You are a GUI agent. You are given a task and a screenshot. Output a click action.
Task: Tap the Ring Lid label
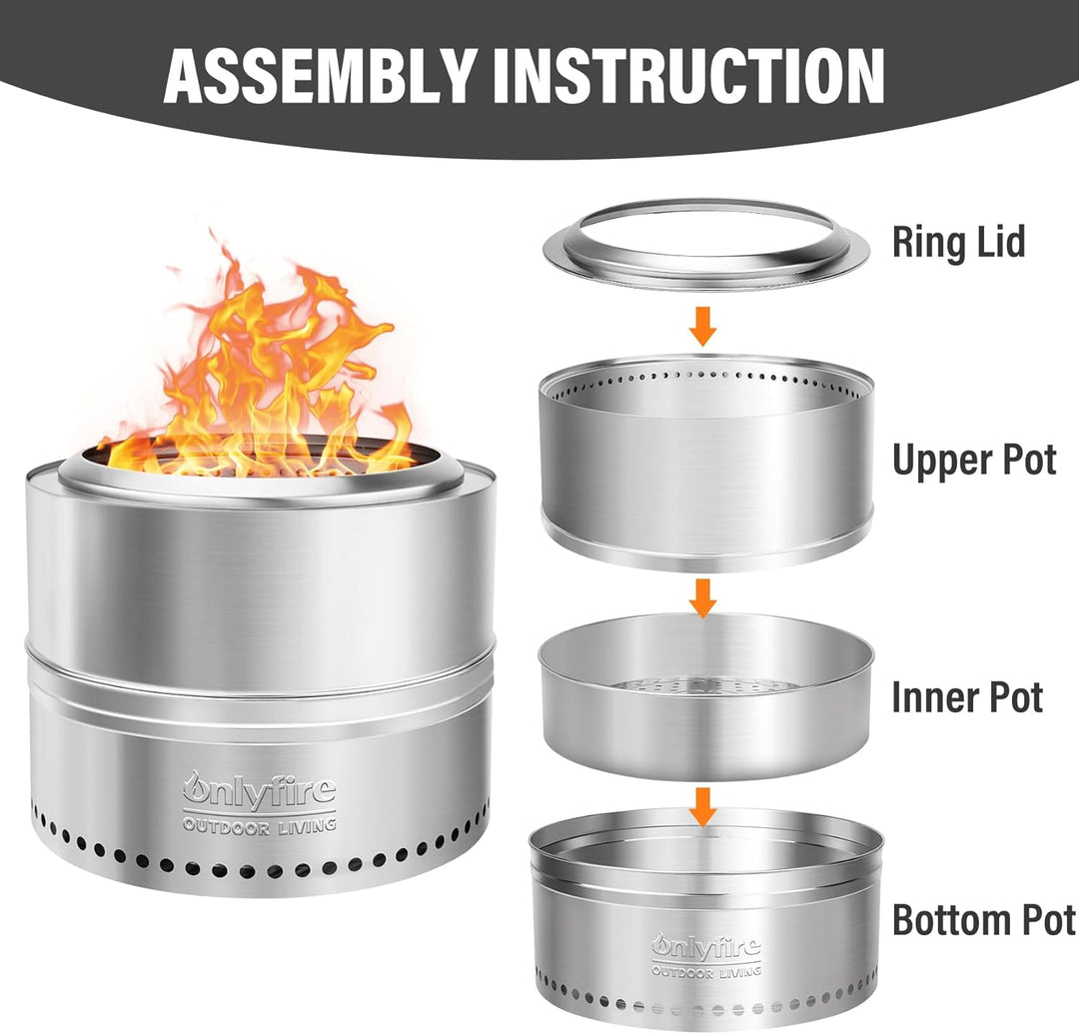[x=958, y=242]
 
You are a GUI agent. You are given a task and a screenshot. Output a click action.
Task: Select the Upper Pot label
[x=974, y=460]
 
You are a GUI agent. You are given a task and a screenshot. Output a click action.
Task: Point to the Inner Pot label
[x=967, y=697]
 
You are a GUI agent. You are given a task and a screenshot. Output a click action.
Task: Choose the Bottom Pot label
[x=983, y=919]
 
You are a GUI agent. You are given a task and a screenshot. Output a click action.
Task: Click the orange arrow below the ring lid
[x=702, y=326]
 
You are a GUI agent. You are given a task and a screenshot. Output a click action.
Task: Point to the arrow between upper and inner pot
[x=702, y=597]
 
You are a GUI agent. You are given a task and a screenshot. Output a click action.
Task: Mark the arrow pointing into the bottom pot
[x=702, y=806]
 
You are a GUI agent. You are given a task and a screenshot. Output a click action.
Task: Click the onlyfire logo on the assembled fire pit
[x=260, y=788]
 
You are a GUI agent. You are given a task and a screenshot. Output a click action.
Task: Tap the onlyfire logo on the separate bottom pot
[x=706, y=947]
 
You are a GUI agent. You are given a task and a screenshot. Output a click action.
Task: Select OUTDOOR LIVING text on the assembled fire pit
[x=260, y=825]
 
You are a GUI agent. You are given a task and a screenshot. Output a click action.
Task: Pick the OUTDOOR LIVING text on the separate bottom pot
[x=706, y=971]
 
